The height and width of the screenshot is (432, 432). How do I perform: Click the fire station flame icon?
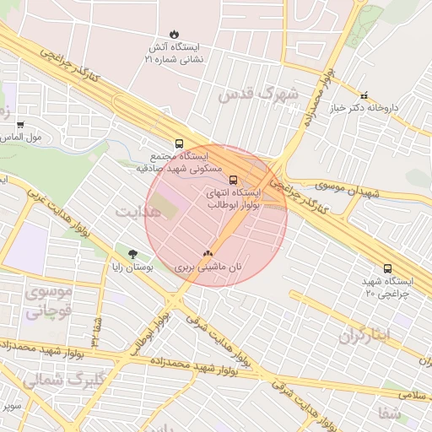coord(174,35)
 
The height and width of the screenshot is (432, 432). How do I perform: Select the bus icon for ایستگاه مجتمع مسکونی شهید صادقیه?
coord(178,143)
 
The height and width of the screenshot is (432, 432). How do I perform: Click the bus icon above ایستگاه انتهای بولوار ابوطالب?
coord(234,179)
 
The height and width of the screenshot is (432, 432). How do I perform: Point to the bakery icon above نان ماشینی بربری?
coord(208,251)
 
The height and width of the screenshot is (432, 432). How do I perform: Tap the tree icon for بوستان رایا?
coord(132,253)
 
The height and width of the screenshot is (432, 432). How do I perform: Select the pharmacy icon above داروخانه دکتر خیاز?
coord(364,95)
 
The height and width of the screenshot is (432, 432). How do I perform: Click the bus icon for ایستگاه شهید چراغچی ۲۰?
coord(387,268)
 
